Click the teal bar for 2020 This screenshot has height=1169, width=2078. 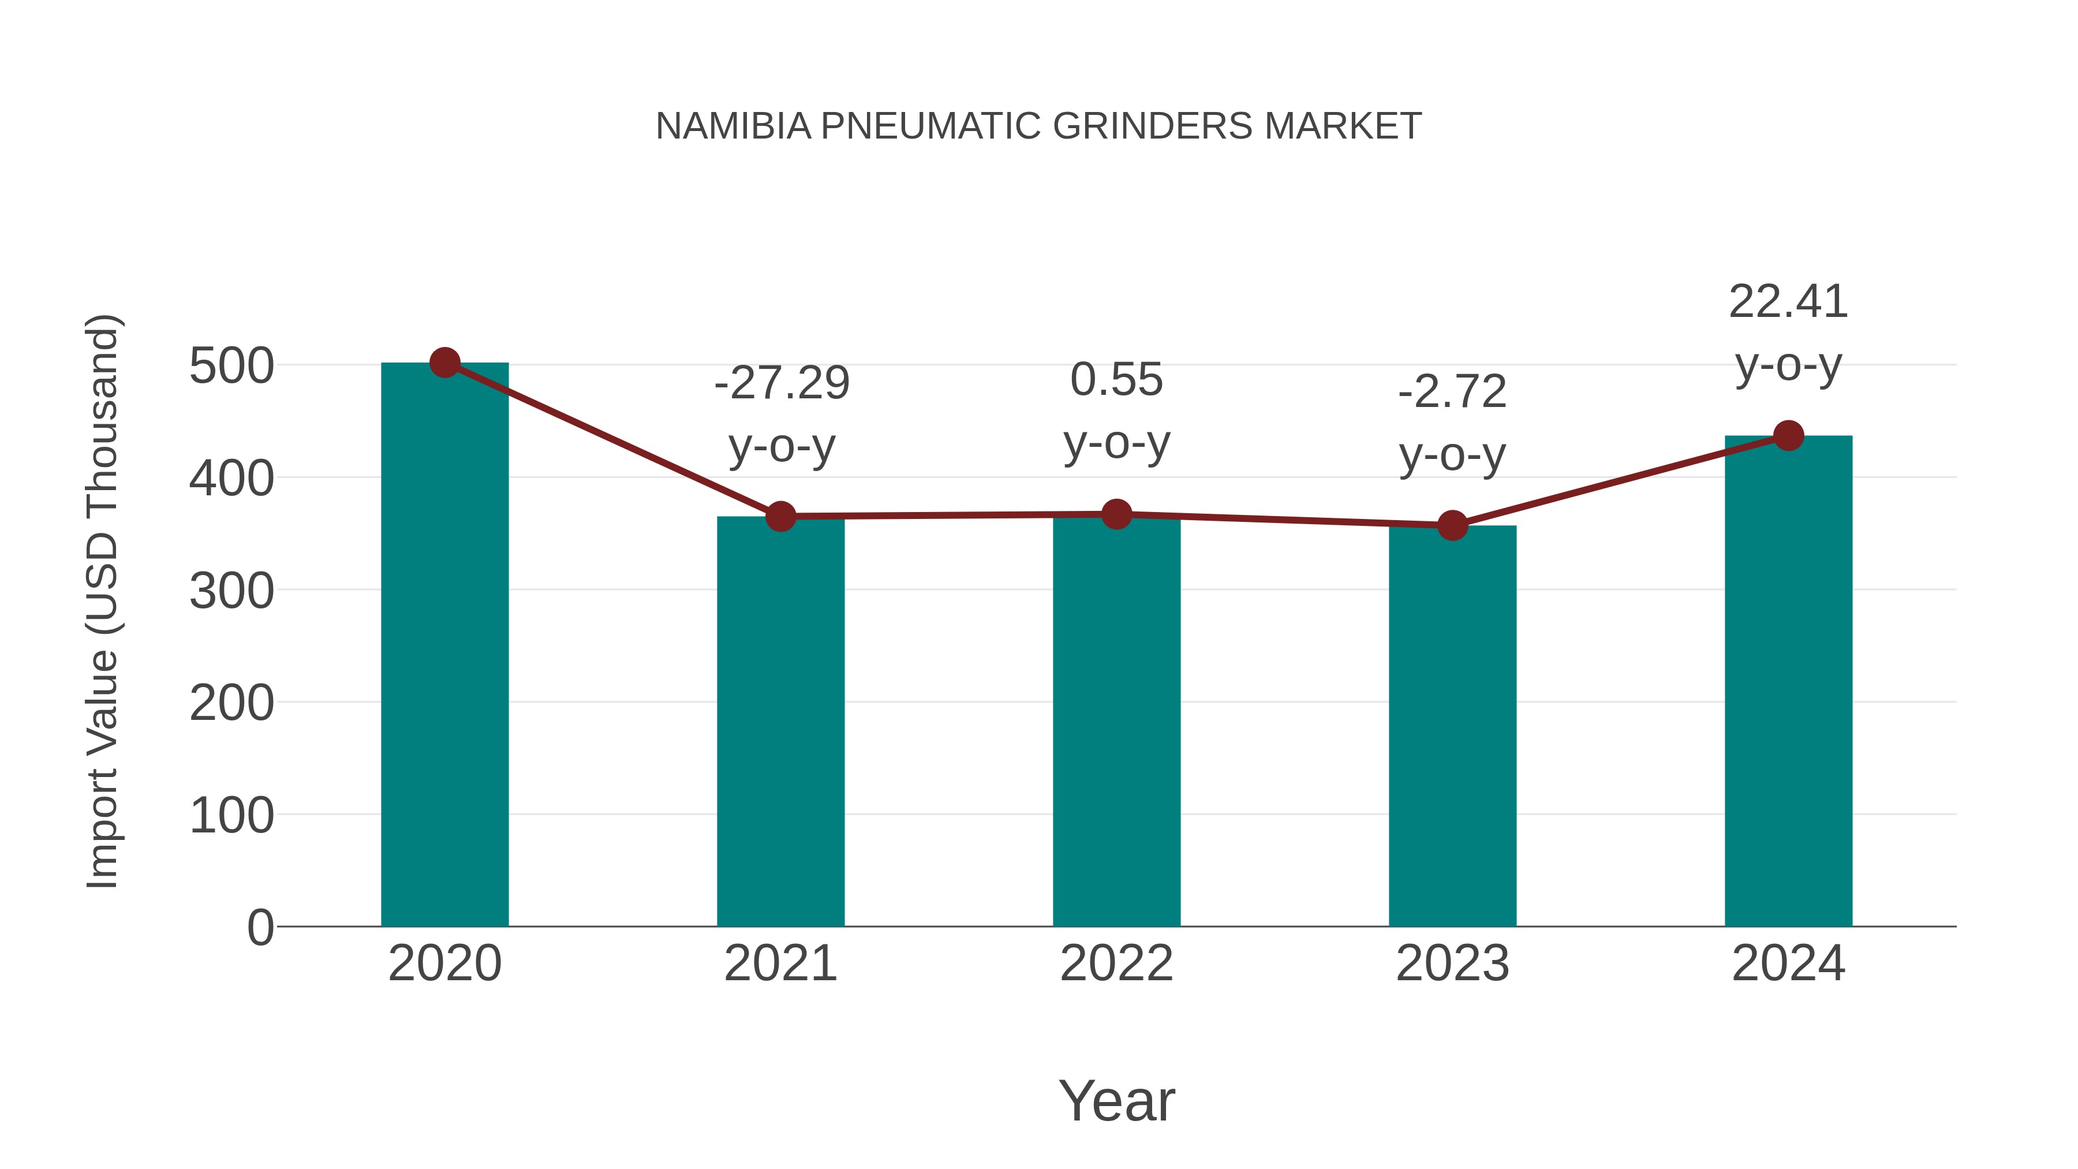[x=444, y=645]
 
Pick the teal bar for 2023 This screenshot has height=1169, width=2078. [x=1452, y=726]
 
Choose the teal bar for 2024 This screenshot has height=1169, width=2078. [x=1788, y=682]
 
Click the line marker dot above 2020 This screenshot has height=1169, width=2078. [x=444, y=363]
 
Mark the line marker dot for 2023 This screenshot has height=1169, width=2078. [x=1452, y=526]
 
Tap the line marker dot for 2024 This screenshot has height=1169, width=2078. [x=1788, y=436]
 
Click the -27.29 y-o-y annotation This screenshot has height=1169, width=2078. [x=782, y=414]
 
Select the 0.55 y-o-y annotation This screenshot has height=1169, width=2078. [x=1116, y=412]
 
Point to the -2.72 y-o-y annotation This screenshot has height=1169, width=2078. [x=1452, y=424]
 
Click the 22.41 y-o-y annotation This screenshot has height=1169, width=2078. [x=1788, y=333]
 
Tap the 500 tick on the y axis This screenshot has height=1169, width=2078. [x=231, y=366]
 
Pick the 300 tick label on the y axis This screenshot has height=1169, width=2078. [x=231, y=591]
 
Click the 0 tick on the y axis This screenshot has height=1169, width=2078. [x=260, y=928]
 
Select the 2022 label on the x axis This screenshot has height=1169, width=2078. [x=1116, y=963]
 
